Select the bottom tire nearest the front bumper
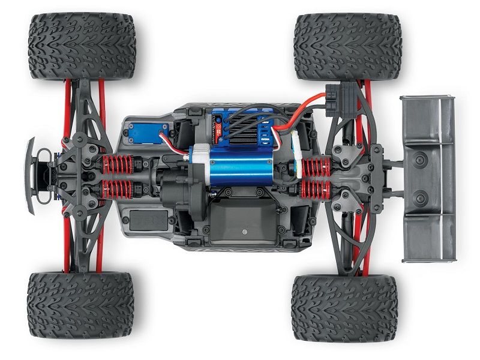pos(80,304)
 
